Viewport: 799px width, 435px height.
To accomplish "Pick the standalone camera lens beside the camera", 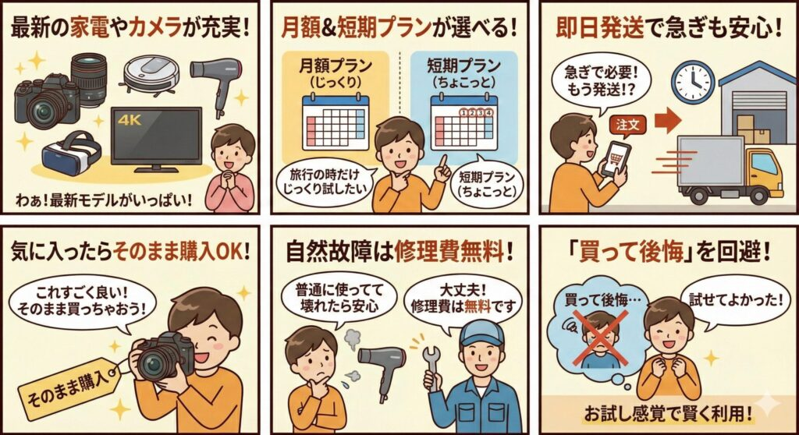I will point(88,77).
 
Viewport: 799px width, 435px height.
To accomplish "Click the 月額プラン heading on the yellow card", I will point(336,66).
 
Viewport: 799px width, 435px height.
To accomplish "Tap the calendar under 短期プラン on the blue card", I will point(463,124).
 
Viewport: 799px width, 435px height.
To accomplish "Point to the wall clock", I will point(693,80).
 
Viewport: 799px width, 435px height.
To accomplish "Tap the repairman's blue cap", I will point(479,330).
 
